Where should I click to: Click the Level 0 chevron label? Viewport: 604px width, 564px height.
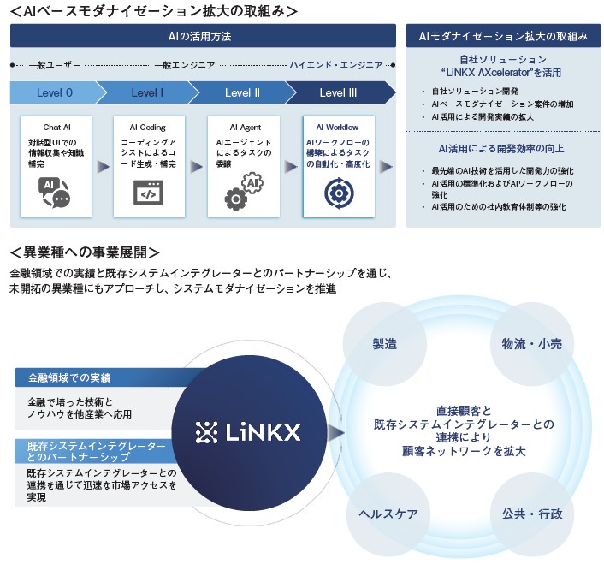tap(54, 92)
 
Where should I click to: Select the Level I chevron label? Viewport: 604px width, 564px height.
tap(147, 92)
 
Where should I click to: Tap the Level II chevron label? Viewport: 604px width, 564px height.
tap(242, 92)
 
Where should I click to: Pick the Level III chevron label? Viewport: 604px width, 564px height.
tap(338, 92)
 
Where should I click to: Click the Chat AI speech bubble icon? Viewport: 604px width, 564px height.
tap(54, 193)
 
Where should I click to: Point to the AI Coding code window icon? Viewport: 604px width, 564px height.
tap(148, 193)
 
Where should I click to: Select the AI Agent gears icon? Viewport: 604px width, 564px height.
tap(244, 192)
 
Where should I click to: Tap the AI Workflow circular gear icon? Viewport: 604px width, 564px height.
tap(339, 193)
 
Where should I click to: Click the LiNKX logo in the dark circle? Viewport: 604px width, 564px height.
tap(248, 432)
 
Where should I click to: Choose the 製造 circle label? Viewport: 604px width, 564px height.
tap(384, 344)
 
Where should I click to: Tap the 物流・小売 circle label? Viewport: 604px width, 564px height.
tap(531, 344)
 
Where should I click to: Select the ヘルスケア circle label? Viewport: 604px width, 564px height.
tap(388, 514)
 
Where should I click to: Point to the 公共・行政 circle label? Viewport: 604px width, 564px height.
tap(532, 514)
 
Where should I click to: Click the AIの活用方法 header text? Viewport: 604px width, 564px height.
tap(199, 36)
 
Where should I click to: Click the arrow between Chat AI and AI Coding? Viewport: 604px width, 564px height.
tap(103, 166)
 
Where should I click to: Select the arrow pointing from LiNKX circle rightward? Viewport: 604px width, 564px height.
tap(336, 432)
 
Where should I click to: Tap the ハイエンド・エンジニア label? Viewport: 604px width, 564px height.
tap(336, 65)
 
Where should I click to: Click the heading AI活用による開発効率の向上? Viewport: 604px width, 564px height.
tap(501, 149)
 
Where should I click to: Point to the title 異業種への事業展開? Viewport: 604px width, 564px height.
tap(85, 252)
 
